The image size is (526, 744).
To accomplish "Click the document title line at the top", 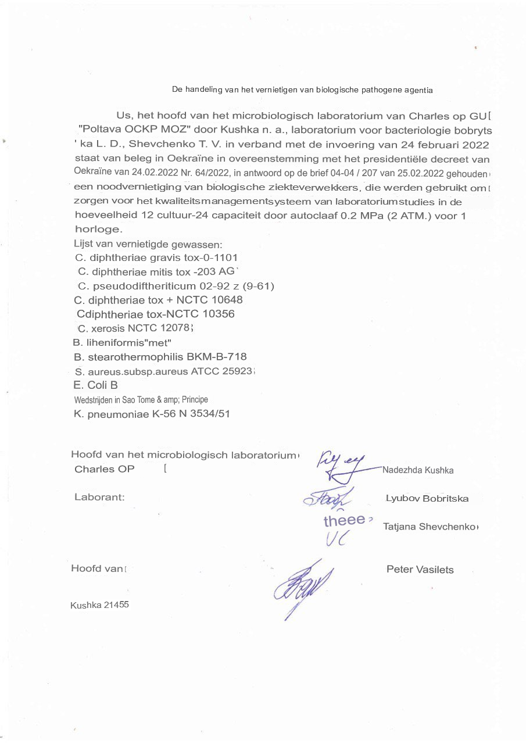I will tap(302, 90).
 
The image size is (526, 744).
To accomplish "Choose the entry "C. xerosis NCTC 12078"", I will tap(134, 328).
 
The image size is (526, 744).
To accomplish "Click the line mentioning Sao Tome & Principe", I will tap(141, 400).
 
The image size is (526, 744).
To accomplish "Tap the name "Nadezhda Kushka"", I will tap(418, 470).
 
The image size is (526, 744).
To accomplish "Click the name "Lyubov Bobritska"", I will tap(427, 499).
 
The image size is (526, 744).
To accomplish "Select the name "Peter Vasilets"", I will tap(420, 570).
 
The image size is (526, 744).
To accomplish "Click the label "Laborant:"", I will tap(100, 497).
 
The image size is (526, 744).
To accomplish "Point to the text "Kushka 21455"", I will tap(99, 605).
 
